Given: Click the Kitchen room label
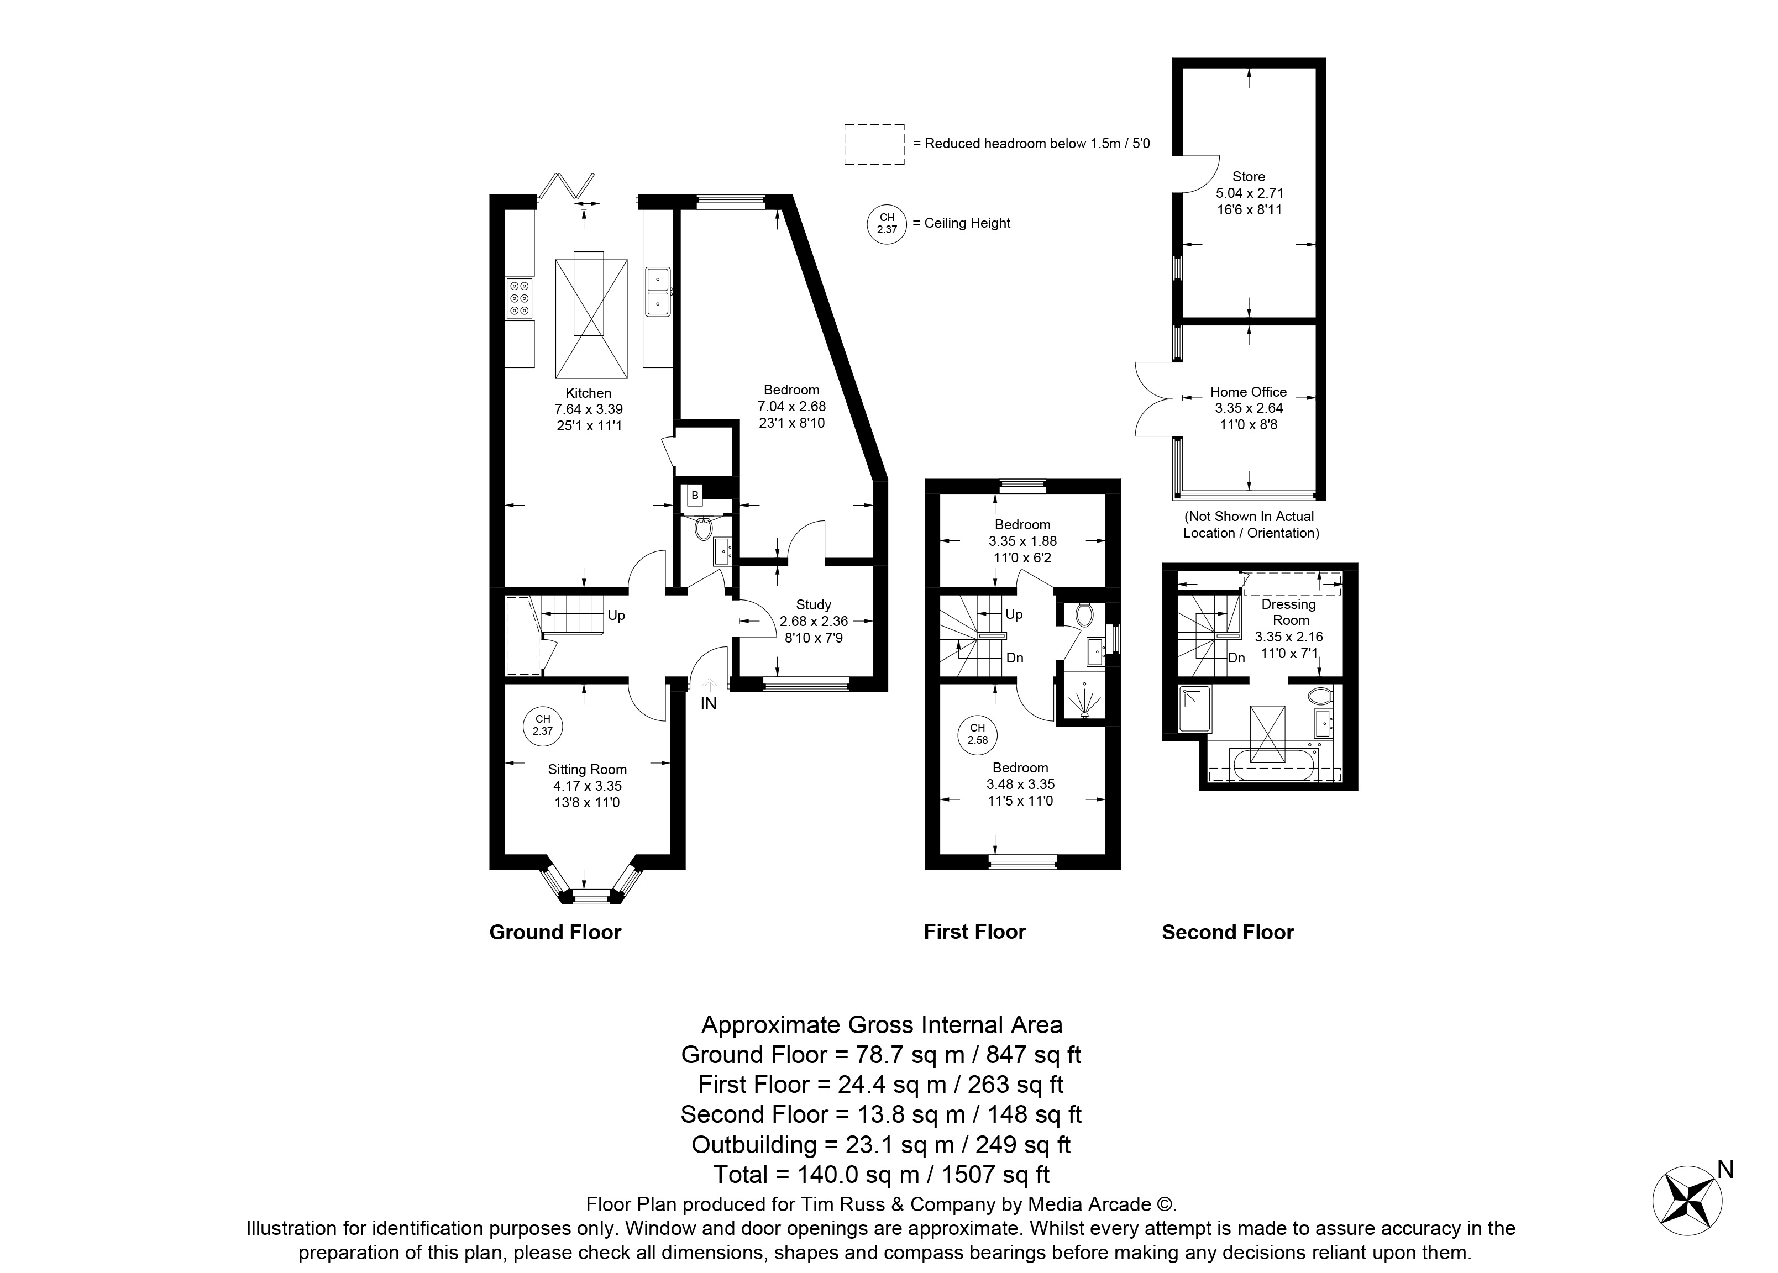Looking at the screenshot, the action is pos(588,393).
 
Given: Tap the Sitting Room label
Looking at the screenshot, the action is pos(587,770).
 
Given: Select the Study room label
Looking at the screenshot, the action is pos(814,605).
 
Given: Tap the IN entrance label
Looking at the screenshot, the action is pos(709,704).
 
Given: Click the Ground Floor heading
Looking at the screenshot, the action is pos(555,932).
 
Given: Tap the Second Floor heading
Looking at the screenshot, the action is pos(1228,932).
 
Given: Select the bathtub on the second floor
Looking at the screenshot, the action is pos(1271,765).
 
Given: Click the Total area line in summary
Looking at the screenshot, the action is pos(881,1174).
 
